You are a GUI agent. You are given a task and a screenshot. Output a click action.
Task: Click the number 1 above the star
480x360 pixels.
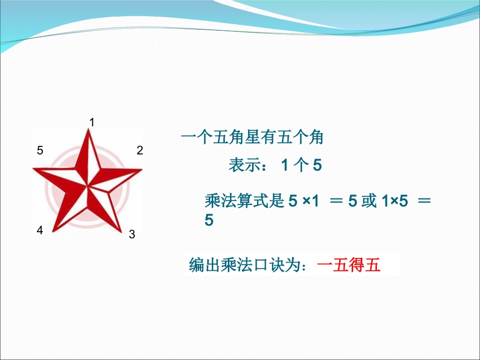[92, 122]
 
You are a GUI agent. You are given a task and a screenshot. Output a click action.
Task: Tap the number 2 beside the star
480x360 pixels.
[140, 150]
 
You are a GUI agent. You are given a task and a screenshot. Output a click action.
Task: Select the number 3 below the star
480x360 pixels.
[132, 234]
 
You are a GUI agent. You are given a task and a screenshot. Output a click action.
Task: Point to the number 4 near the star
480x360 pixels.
[40, 230]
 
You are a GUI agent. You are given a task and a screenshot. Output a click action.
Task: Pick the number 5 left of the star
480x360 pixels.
[40, 150]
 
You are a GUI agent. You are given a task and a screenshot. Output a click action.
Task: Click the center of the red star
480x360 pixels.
[89, 187]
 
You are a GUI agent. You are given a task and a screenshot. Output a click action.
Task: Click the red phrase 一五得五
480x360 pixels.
[349, 265]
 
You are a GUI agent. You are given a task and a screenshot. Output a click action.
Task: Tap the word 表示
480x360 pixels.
[244, 165]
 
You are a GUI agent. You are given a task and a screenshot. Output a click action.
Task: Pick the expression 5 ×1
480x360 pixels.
[304, 201]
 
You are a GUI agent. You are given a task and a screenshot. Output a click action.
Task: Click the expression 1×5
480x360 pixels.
[392, 201]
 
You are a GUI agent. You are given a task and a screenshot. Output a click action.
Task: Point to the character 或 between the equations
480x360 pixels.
[369, 201]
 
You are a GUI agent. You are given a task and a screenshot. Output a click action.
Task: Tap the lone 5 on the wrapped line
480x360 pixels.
[209, 220]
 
